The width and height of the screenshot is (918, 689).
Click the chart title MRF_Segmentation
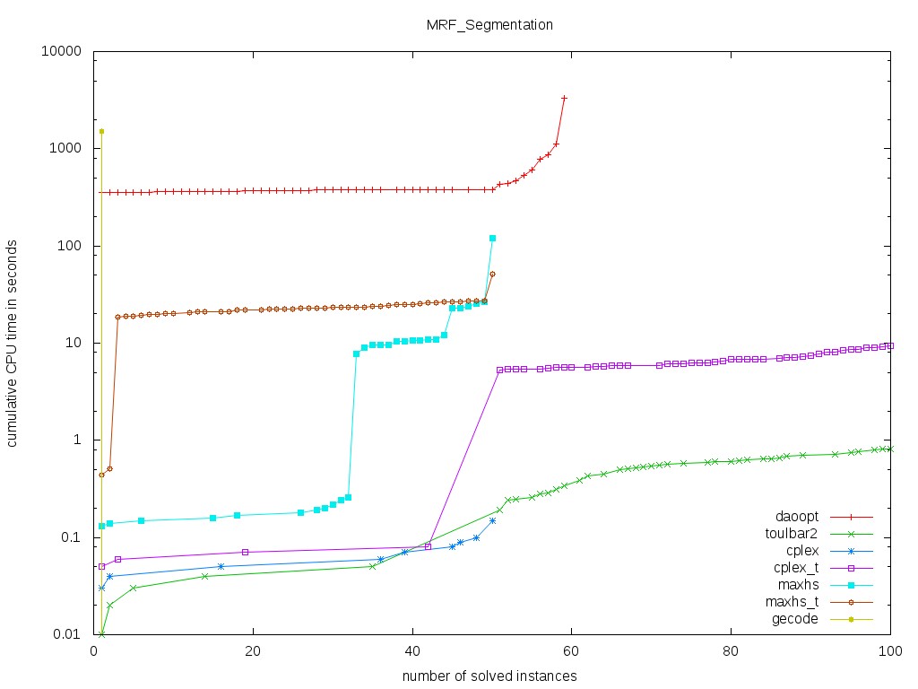pos(489,25)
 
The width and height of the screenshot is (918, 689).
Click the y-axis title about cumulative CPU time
pos(13,343)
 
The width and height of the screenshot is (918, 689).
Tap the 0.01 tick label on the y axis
pos(68,634)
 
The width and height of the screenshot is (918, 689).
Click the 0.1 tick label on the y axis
pos(72,537)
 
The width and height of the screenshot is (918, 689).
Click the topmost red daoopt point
pos(564,98)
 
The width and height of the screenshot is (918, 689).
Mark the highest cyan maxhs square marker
pos(492,238)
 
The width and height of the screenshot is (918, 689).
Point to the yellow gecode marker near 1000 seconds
pos(101,131)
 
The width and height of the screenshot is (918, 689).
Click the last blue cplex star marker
pos(492,520)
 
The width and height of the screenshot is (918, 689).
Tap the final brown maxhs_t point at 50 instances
pos(492,274)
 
